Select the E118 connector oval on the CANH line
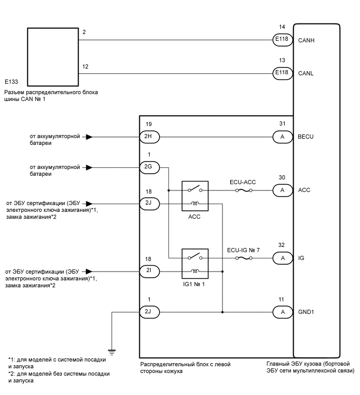point(282,39)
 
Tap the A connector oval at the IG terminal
point(282,258)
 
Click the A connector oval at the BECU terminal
point(282,137)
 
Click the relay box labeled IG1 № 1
point(195,263)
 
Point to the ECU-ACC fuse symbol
point(242,190)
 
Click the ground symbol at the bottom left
point(112,352)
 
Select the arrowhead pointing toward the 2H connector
point(89,137)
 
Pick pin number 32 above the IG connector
point(283,245)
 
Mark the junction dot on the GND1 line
point(223,312)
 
